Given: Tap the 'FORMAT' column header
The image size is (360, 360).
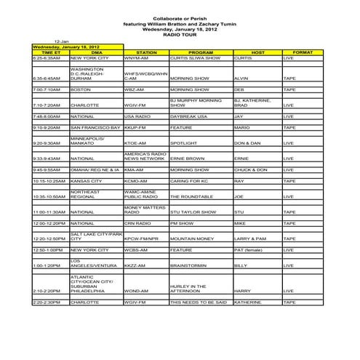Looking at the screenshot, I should [x=302, y=53].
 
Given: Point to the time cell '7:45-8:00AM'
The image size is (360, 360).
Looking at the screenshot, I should [x=47, y=116].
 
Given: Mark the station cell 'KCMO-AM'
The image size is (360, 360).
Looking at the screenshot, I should [x=136, y=181].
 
